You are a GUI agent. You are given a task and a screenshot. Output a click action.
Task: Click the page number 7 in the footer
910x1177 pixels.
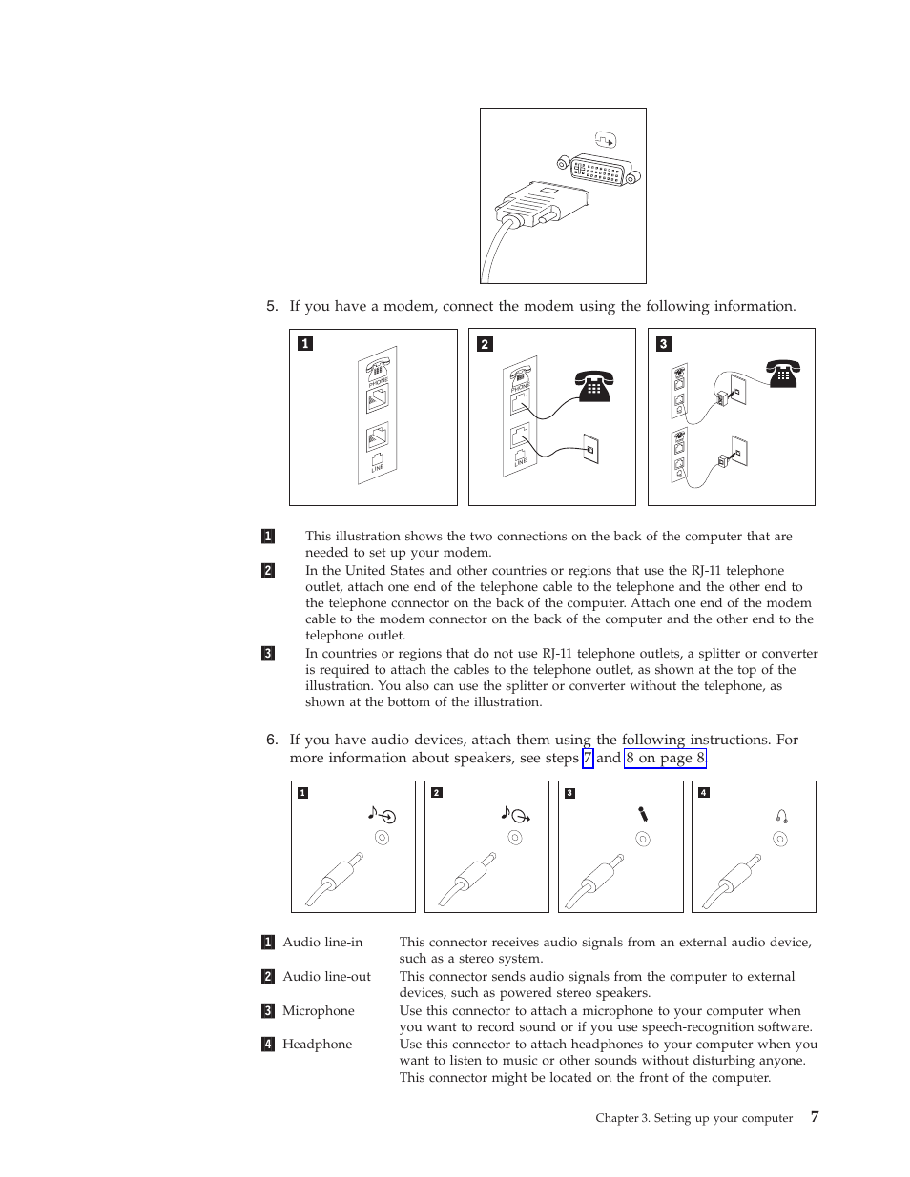tap(815, 1116)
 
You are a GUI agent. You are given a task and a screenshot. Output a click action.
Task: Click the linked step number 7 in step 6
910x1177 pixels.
tap(588, 759)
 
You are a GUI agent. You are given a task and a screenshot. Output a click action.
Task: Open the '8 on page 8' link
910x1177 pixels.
tap(665, 759)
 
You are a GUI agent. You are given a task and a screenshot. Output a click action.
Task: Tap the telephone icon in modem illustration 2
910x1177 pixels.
tap(593, 386)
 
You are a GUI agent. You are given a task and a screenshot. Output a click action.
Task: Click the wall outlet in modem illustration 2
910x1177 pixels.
tap(590, 449)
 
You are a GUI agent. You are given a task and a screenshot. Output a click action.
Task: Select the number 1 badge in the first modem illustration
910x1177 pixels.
tap(305, 344)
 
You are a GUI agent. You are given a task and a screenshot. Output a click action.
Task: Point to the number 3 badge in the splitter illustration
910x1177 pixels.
tap(664, 344)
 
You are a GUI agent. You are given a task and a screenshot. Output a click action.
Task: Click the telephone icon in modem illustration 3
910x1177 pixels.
tap(782, 374)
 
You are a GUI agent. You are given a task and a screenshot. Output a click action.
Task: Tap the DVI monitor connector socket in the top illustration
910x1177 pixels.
tap(599, 172)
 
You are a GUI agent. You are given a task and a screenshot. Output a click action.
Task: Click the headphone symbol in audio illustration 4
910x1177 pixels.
tap(781, 816)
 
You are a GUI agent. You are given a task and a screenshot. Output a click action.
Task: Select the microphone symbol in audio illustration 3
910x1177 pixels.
tap(643, 814)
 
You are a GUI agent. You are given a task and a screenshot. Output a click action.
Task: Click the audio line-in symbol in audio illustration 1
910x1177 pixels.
tap(382, 815)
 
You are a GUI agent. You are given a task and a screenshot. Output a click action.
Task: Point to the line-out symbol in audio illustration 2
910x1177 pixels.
tap(515, 814)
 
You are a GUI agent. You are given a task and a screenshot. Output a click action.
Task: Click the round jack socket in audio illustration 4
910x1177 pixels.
tap(780, 840)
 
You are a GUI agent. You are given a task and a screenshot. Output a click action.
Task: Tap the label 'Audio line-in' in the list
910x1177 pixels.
tap(322, 943)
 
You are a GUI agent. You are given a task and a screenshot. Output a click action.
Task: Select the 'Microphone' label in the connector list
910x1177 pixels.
tap(318, 1011)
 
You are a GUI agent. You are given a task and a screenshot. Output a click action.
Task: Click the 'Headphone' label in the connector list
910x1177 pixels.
tap(317, 1045)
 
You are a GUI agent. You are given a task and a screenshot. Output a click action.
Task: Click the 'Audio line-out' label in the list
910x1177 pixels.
tap(326, 977)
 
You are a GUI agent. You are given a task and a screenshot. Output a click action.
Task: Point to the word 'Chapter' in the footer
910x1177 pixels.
tap(616, 1118)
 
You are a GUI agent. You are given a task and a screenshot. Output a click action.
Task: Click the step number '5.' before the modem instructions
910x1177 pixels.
tap(272, 306)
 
